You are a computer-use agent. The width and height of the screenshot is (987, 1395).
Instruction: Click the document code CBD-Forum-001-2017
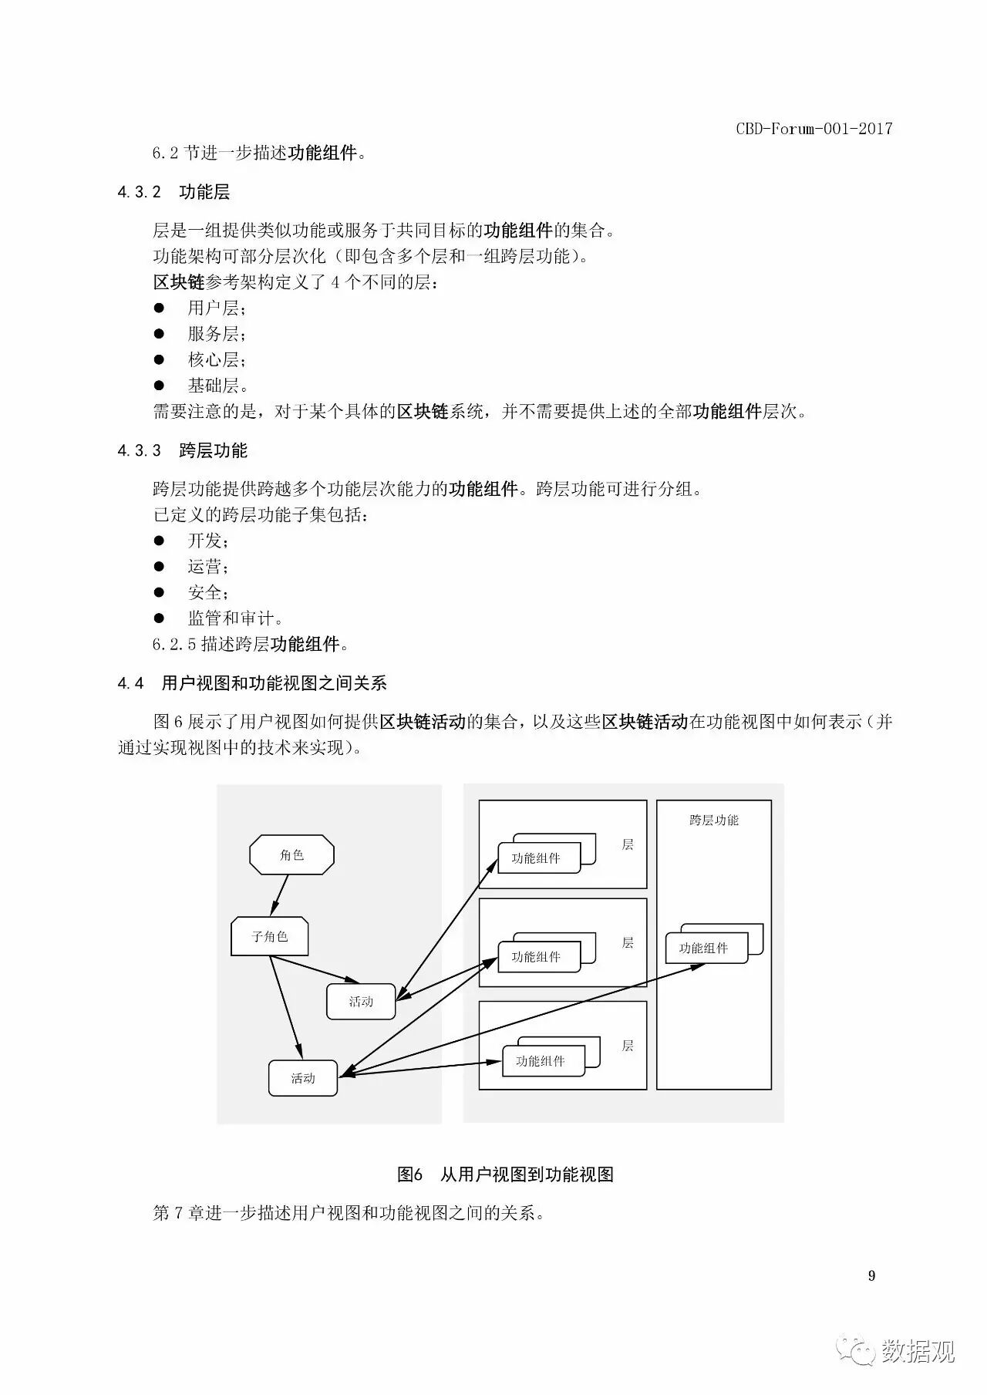[x=814, y=129]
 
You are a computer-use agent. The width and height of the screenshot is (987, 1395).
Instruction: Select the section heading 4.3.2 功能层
[x=173, y=192]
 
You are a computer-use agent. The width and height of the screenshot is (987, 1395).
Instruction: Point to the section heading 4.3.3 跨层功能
[x=182, y=450]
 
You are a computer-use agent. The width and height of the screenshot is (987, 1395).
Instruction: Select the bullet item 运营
[x=207, y=567]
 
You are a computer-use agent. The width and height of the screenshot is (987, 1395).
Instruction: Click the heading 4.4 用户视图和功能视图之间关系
[x=252, y=683]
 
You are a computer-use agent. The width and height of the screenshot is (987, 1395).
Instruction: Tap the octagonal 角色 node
[x=291, y=855]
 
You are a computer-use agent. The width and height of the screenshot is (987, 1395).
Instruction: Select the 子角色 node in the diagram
[x=270, y=936]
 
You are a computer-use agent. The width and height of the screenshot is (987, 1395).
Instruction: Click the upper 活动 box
[x=361, y=1002]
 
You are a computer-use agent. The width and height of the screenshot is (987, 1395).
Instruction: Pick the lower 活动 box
[x=303, y=1078]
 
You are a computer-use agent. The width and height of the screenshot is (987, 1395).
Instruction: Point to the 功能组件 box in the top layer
[x=538, y=858]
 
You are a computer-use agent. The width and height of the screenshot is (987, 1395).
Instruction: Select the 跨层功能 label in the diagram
[x=714, y=820]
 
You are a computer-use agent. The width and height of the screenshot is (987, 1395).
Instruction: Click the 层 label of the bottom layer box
[x=628, y=1046]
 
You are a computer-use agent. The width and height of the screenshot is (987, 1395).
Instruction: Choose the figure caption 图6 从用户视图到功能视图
[x=505, y=1174]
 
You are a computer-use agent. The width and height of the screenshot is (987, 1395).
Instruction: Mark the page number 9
[x=871, y=1275]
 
